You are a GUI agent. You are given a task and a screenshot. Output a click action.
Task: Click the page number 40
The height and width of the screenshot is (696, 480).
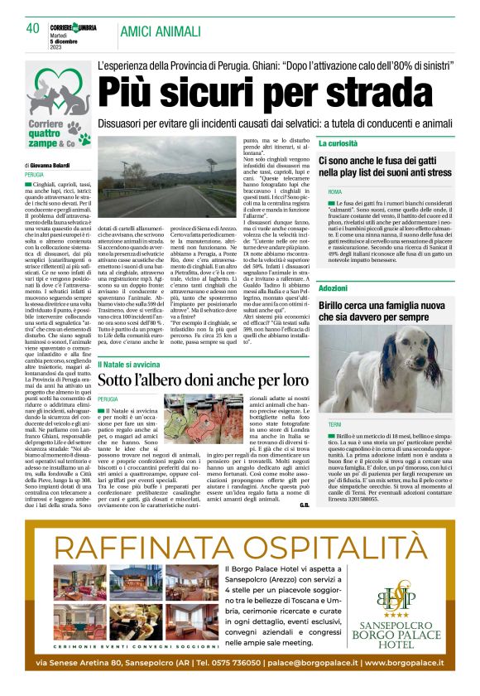(x=33, y=28)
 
